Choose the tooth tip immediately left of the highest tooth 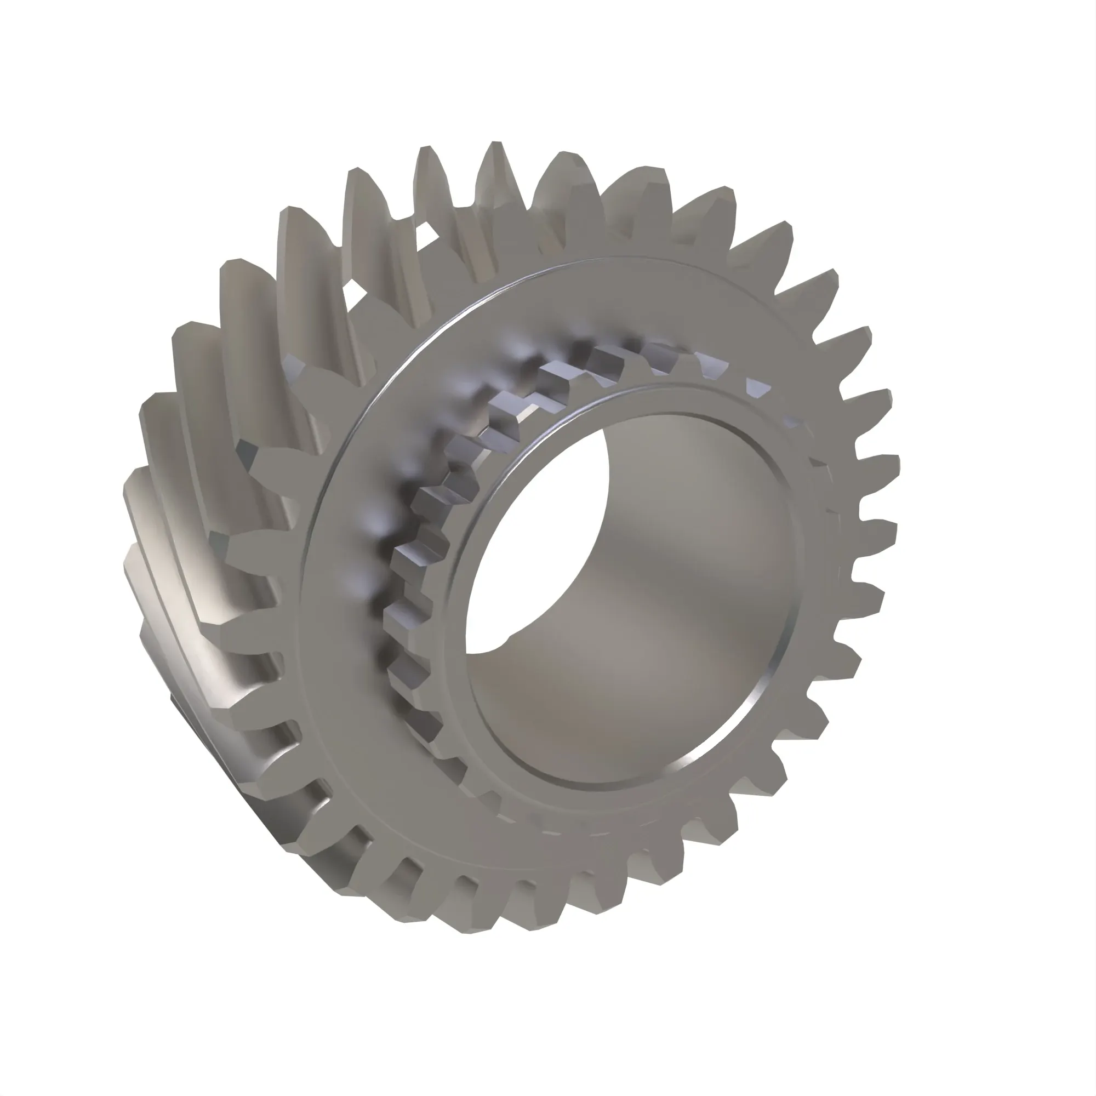425,150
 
